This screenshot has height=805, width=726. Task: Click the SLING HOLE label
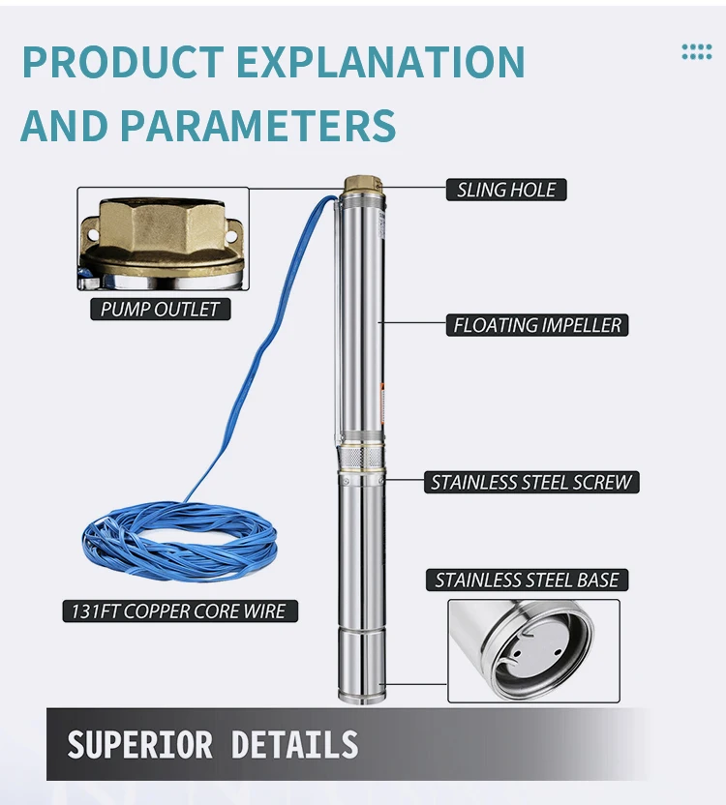(x=506, y=191)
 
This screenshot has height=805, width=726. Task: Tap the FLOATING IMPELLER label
(x=538, y=326)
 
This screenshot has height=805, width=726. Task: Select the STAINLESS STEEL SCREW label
(x=531, y=482)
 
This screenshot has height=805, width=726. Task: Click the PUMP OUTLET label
(x=161, y=310)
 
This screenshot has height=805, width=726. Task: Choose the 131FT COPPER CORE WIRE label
(x=180, y=611)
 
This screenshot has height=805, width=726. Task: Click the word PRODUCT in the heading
(x=122, y=62)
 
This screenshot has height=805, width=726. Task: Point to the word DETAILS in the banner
(x=295, y=745)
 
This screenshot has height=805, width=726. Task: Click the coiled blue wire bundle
(x=179, y=542)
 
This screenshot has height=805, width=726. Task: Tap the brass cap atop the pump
(x=364, y=184)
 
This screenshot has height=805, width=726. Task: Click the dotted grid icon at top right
(x=696, y=52)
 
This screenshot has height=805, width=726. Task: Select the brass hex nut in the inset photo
(x=160, y=229)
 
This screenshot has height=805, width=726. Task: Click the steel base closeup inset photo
(x=532, y=650)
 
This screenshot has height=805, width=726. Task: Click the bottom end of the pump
(x=363, y=692)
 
